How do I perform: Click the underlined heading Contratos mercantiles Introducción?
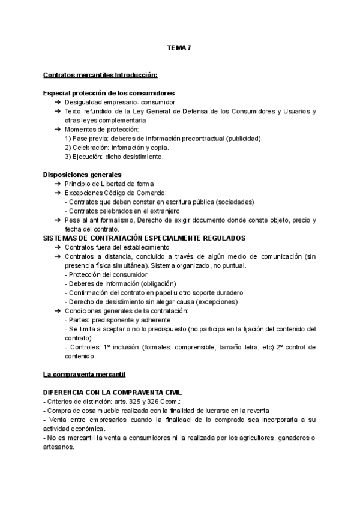(100, 75)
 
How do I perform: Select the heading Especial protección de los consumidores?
(109, 94)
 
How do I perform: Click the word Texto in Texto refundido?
(74, 112)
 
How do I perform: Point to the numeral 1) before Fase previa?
(68, 139)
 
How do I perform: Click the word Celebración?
(91, 148)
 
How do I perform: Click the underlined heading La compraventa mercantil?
(84, 374)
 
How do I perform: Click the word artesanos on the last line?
(58, 447)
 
